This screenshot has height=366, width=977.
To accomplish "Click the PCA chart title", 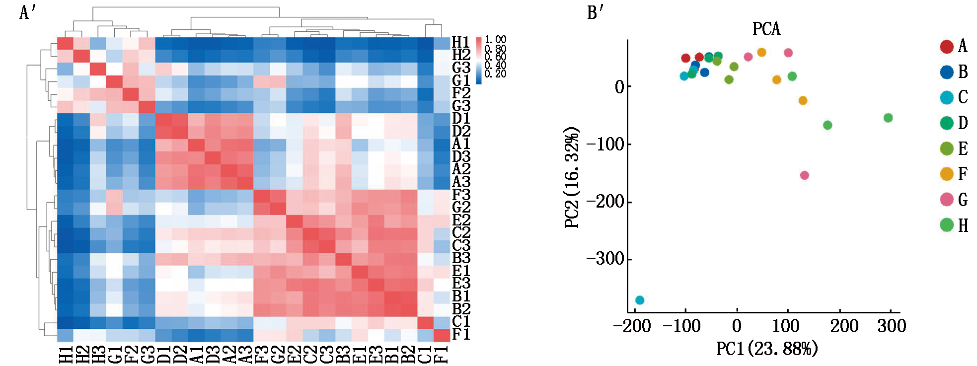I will coord(766,29).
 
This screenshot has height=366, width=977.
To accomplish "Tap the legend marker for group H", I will coord(947,225).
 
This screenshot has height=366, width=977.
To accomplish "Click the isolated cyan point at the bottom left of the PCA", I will coord(640,300).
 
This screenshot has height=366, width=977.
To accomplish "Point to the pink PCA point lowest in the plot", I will coord(804,175).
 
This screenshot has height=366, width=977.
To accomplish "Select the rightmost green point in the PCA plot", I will coord(888,118).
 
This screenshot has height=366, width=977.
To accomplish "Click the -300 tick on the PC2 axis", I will coord(605,259).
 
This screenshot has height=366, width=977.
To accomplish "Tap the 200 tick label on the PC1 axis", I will coord(844,326).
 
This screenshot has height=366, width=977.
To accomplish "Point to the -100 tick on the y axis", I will coord(605,145).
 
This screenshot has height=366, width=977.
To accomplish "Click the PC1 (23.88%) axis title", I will coord(766,349).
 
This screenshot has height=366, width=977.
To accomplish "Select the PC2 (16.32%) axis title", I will coord(572,177).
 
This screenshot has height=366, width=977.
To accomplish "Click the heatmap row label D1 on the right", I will coord(461,119).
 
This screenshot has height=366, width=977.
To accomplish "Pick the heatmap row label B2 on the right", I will coord(461,309).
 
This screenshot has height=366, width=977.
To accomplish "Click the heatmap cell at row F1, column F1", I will coord(442,335).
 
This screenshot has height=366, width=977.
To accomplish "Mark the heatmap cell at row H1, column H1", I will coord(65,43).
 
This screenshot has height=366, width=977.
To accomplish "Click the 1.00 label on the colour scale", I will coord(495,40).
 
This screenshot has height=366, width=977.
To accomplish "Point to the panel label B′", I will coord(595,12).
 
